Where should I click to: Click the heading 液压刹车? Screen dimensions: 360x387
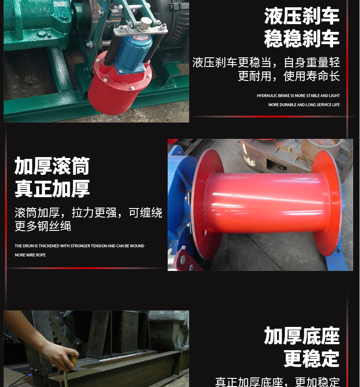(x=302, y=16)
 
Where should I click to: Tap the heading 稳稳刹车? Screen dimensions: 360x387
(x=302, y=39)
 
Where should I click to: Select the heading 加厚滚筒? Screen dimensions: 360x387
(x=52, y=166)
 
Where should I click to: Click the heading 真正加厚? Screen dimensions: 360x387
(x=52, y=188)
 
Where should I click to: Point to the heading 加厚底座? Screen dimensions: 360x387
(x=302, y=336)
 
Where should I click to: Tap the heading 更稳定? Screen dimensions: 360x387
(x=311, y=358)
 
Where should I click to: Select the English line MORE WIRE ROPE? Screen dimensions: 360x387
(x=30, y=255)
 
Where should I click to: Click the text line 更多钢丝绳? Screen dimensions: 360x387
(x=43, y=226)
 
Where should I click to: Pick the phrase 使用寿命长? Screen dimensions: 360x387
(x=312, y=76)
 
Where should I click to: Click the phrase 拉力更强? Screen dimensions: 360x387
(x=94, y=213)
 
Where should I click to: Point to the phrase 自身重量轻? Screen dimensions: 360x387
(x=312, y=63)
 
